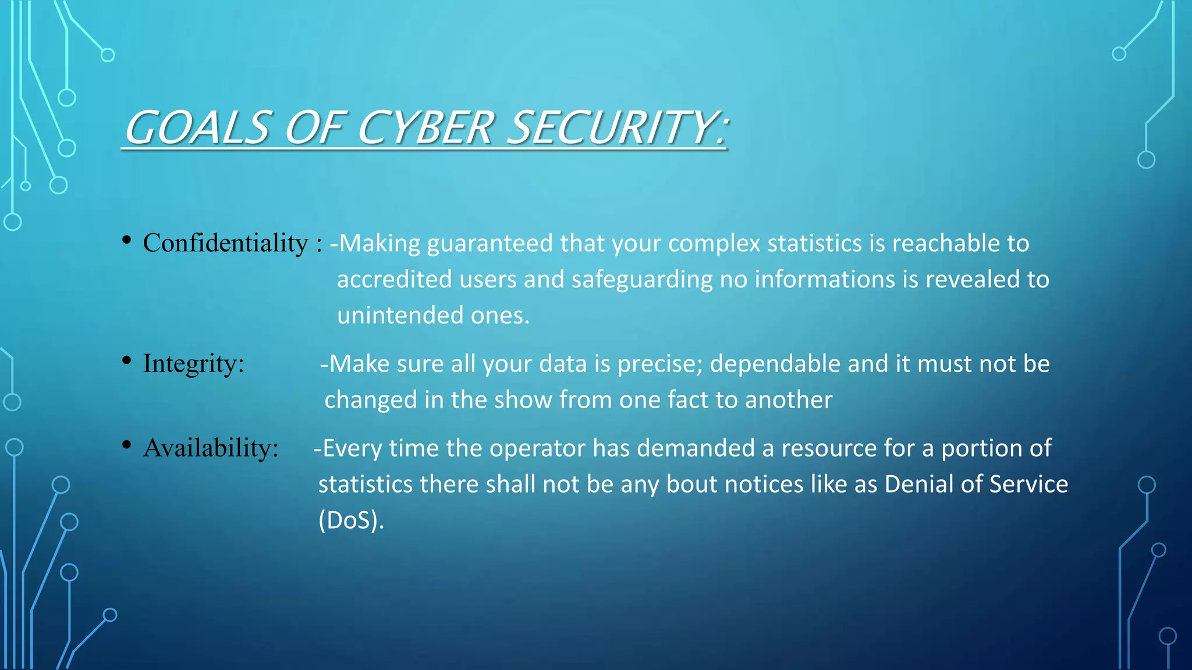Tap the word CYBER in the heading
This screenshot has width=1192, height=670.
(425, 127)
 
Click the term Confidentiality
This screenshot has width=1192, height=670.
(225, 243)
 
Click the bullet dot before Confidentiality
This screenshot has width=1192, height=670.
(126, 240)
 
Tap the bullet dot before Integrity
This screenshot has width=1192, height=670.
(126, 361)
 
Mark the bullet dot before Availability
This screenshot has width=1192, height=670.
(126, 445)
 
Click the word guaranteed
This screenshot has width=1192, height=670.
(490, 244)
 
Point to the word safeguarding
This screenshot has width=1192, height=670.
(641, 280)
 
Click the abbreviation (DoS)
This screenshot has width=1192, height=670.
(351, 521)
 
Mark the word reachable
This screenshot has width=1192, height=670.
(946, 244)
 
